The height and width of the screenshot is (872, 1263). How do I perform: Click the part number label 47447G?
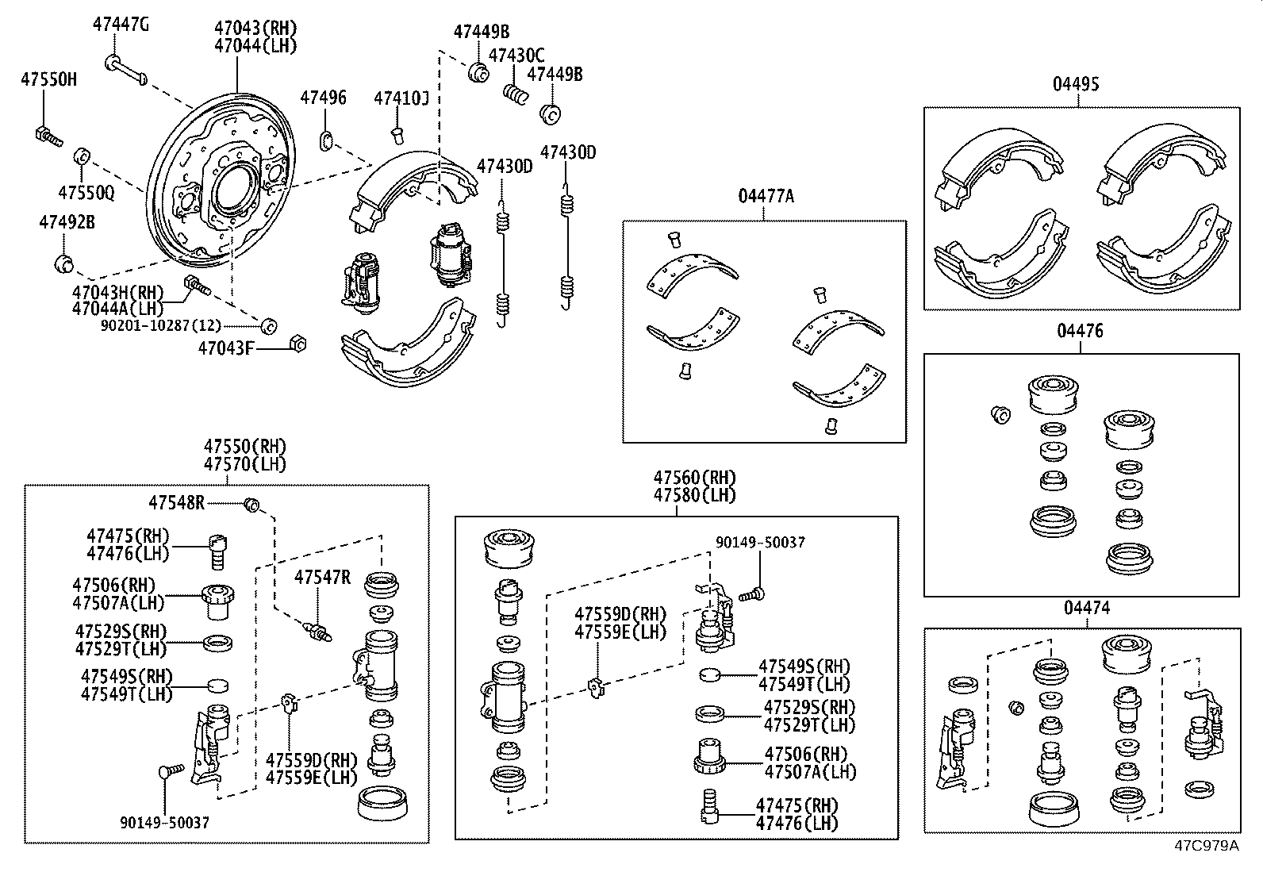point(120,25)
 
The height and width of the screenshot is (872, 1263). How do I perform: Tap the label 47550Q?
point(86,193)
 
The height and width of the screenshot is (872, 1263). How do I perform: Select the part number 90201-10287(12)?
point(161,326)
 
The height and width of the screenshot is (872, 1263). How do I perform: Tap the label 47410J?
point(401,98)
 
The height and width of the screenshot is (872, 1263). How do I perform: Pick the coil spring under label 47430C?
point(516,94)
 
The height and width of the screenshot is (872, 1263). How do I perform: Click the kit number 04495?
point(1076,83)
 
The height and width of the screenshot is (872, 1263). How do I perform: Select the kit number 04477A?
point(765,196)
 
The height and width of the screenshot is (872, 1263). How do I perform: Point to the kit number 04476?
point(1080,331)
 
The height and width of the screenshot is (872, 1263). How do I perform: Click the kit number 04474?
point(1086,609)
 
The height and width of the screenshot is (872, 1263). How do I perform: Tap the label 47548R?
point(176,502)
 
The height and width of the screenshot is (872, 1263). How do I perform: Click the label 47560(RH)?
point(694,478)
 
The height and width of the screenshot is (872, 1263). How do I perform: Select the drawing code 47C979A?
point(1206,845)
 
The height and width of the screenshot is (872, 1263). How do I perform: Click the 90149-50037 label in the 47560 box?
point(759,543)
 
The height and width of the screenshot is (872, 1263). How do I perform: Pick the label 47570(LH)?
point(244,464)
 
